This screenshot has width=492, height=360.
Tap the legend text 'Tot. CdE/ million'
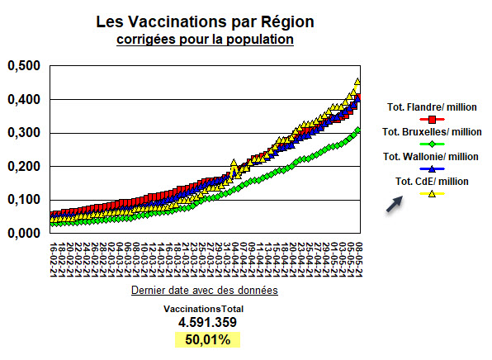click(x=432, y=182)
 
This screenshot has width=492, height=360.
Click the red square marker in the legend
click(x=431, y=120)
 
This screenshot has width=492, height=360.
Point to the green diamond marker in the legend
click(x=431, y=144)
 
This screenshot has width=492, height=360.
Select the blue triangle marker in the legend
click(x=431, y=169)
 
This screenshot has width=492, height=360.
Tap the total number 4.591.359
click(x=202, y=323)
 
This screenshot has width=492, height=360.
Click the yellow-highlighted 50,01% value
click(x=202, y=340)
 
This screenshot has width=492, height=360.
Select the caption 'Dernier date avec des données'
click(x=203, y=291)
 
